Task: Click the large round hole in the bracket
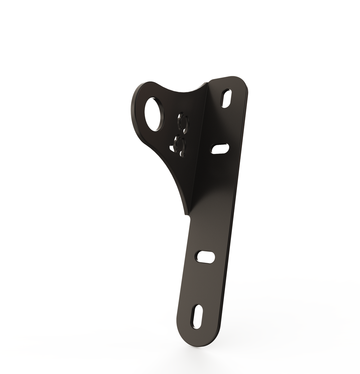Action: tap(152, 114)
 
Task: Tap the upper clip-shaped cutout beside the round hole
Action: tap(183, 122)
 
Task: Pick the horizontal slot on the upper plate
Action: tap(220, 149)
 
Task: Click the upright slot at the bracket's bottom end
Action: tap(197, 317)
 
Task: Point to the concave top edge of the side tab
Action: tap(182, 91)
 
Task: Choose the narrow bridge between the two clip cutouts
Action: tap(182, 134)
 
